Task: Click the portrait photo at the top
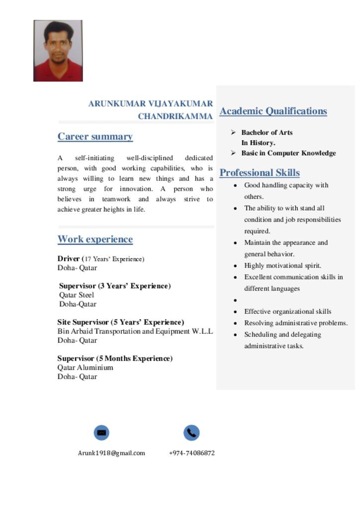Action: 58,51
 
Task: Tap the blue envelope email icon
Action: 101,432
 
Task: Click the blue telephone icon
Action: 191,432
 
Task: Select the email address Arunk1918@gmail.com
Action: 111,453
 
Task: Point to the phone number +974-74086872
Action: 192,453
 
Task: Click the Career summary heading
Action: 95,137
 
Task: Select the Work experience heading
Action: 95,240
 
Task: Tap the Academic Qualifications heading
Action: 273,111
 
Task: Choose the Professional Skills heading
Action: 260,173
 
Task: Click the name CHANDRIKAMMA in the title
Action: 175,116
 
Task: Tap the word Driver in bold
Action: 68,258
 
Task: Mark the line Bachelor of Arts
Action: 267,133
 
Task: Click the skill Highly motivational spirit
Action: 282,265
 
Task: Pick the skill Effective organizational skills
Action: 287,312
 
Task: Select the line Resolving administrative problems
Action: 295,323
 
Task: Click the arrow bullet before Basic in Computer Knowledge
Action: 233,153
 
